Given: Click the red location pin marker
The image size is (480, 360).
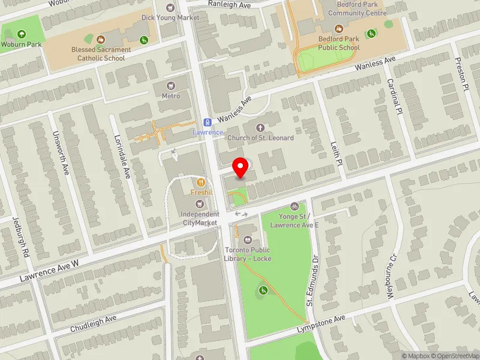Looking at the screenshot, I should click(241, 168).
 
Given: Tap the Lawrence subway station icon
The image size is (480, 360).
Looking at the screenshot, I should click(207, 121).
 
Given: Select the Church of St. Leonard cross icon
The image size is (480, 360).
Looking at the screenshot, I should click(260, 127).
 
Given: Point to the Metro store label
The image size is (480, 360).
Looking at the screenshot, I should click(171, 96).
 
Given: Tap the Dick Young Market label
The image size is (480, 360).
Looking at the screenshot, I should click(170, 17).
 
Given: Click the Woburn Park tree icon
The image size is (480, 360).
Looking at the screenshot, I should click(22, 34).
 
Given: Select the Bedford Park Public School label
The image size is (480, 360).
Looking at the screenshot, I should click(339, 43).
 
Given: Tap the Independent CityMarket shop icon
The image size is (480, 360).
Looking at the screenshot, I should click(200, 204).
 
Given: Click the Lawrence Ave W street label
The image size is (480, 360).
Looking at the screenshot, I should click(49, 271).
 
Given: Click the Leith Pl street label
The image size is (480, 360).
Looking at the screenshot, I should click(336, 154).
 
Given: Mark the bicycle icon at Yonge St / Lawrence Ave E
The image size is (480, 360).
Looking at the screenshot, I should click(294, 206).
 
